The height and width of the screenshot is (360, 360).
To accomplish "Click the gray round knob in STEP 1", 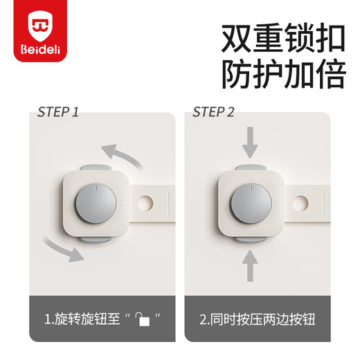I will (95, 203).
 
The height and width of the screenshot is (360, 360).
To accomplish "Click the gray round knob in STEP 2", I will (251, 203).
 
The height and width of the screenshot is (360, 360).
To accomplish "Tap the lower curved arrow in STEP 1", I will (63, 249).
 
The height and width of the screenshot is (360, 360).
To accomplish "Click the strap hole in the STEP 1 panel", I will (145, 204).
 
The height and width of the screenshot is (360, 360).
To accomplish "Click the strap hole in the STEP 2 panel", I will (301, 204).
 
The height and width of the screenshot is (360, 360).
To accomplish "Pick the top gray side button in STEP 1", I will (95, 169).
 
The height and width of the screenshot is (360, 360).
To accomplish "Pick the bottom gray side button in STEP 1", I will (95, 238).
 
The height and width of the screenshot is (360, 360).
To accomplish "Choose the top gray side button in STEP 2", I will (251, 169).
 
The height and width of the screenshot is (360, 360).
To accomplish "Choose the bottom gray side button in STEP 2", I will (251, 238).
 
